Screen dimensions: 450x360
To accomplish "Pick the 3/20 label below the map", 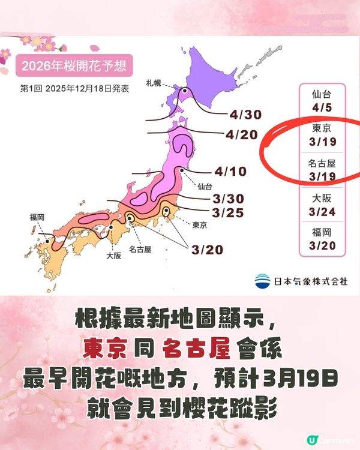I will [207, 248].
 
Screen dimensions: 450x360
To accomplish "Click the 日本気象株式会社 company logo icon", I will [262, 280].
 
